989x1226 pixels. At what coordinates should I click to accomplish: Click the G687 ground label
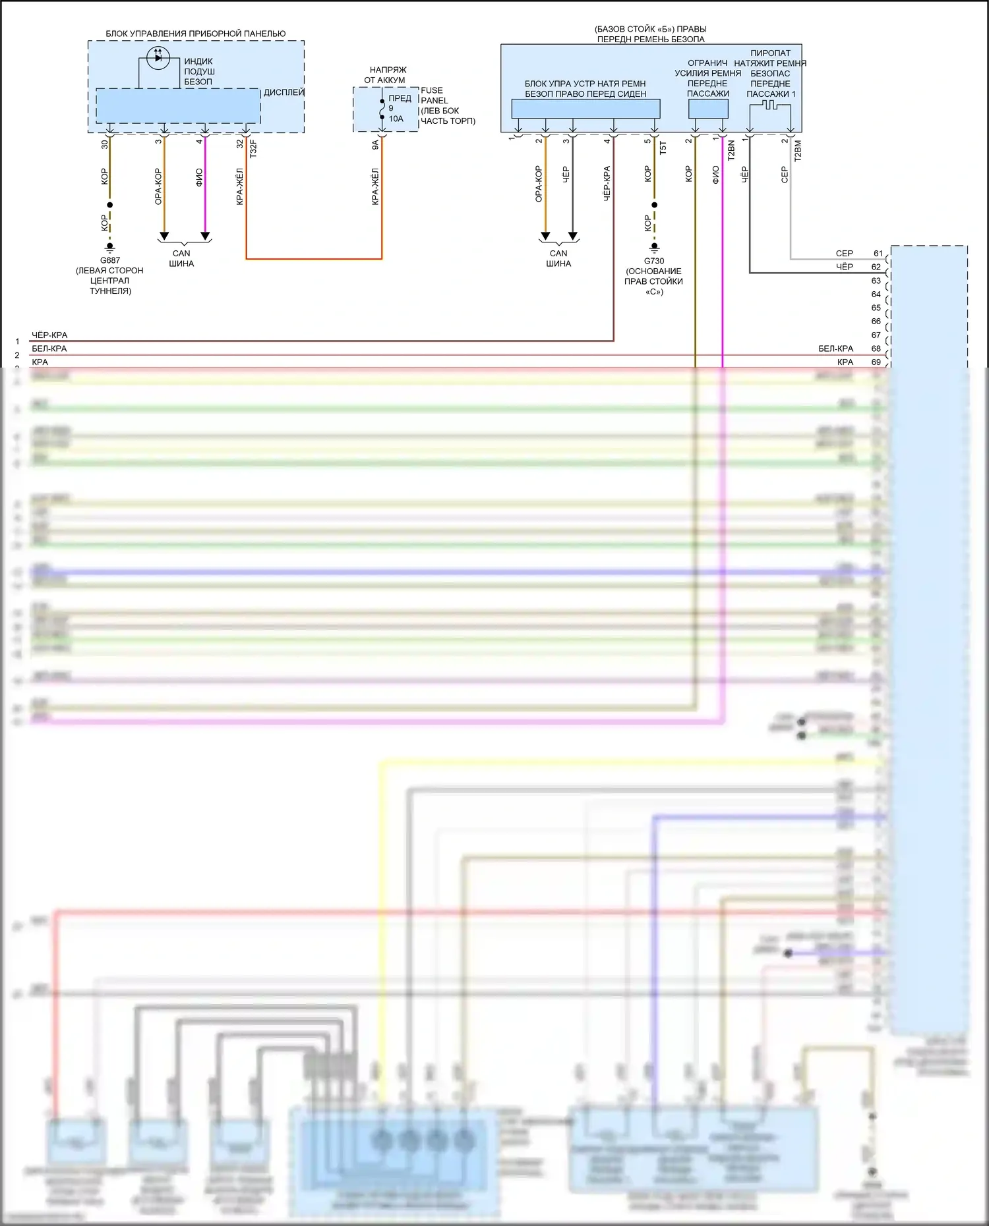tap(110, 260)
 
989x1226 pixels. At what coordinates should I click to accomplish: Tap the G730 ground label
tap(654, 261)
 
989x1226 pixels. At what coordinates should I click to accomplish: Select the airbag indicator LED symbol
tap(158, 58)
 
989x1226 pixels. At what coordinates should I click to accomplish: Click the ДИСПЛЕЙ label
tap(284, 92)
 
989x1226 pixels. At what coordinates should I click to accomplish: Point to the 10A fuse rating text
tap(396, 119)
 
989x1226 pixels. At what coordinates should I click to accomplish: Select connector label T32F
tap(253, 148)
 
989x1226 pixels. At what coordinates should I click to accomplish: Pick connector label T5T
tap(663, 148)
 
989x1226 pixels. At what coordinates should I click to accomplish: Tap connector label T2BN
tap(731, 150)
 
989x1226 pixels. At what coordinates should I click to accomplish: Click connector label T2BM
tap(798, 150)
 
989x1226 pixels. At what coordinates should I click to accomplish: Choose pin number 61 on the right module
tap(878, 253)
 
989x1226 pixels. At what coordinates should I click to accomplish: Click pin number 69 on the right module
tap(876, 362)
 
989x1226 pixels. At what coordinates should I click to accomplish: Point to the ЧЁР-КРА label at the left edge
tap(49, 335)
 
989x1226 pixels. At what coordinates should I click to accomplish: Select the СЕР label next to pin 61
tap(844, 253)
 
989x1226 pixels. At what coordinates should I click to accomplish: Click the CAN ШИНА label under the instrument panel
tap(181, 258)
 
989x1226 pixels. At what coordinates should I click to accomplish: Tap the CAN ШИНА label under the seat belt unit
tap(558, 258)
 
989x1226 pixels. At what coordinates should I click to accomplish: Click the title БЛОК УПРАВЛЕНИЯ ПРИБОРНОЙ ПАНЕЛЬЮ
tap(196, 34)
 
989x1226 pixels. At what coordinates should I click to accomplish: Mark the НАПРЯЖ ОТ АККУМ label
tap(387, 74)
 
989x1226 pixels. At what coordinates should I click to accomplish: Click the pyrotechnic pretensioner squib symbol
tap(769, 105)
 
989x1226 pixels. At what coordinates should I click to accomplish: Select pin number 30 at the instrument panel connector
tap(105, 144)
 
